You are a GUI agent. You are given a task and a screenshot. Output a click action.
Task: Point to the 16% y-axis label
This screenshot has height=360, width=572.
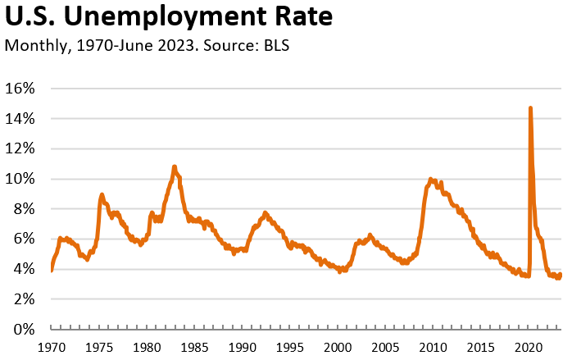coord(21,89)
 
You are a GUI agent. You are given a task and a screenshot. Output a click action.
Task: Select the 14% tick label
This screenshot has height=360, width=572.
coord(21,119)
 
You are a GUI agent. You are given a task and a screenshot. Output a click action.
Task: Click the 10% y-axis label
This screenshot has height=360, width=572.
coord(21,179)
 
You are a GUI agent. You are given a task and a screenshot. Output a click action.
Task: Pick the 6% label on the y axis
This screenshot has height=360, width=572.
coord(25,239)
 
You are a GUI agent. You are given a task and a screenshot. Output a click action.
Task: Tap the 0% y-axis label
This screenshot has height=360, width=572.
coord(25,329)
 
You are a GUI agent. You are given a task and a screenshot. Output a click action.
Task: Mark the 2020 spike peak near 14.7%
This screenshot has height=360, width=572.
coord(531,107)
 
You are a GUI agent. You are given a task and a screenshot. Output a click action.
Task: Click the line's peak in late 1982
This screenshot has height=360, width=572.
coord(174,166)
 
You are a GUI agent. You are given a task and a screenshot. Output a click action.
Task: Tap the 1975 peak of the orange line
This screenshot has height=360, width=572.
coord(102,194)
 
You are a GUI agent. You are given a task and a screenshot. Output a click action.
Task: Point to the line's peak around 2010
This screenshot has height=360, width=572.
coord(430,179)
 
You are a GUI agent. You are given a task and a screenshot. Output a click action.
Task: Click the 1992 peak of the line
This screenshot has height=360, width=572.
coord(265,212)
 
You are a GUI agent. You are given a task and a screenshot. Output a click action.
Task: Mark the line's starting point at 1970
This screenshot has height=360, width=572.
coord(52,269)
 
